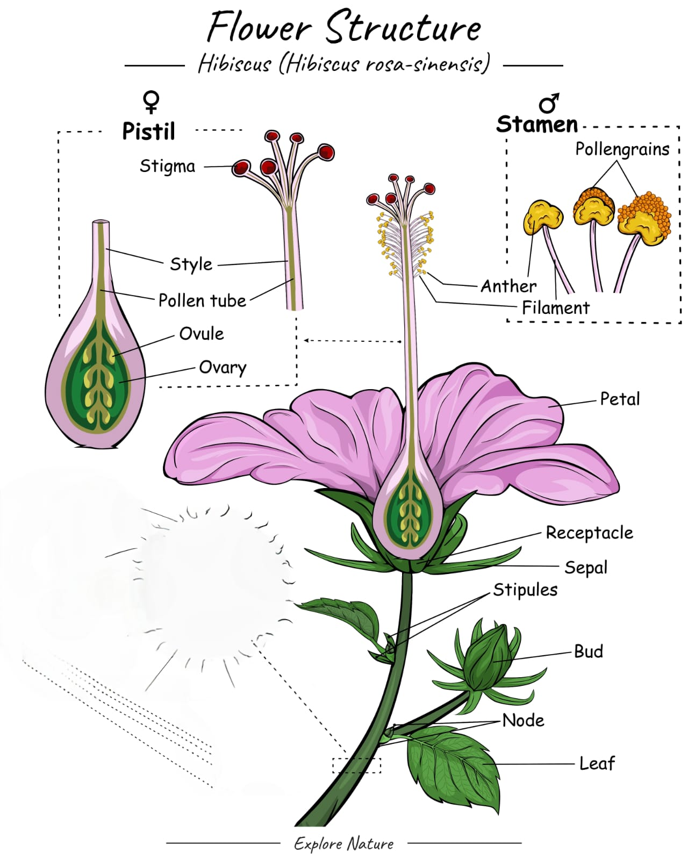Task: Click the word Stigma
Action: (x=167, y=166)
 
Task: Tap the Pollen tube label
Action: (x=202, y=300)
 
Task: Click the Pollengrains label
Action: (x=622, y=149)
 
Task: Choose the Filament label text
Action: (x=555, y=308)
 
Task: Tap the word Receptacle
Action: (x=589, y=533)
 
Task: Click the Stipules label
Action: (x=525, y=590)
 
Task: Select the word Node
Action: (x=523, y=720)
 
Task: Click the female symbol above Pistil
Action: (x=151, y=102)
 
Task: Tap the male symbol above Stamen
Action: (x=549, y=103)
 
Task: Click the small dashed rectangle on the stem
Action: (x=356, y=765)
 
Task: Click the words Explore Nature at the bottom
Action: (x=343, y=843)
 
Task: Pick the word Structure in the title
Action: (x=403, y=28)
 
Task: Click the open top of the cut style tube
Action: (x=101, y=222)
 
